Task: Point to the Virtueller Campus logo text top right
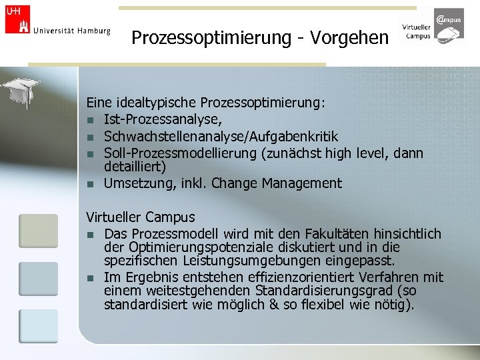[416, 31]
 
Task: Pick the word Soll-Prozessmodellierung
[181, 153]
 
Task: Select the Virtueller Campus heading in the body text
[141, 217]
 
